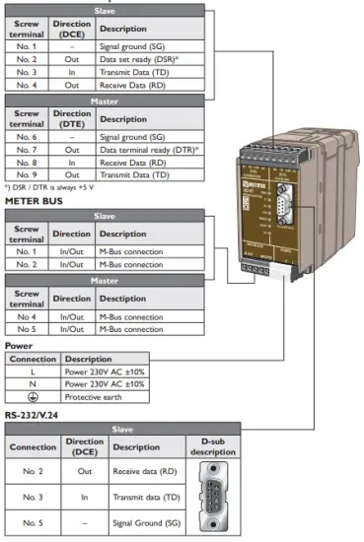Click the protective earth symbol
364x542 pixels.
(33, 396)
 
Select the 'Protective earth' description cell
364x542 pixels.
(105, 396)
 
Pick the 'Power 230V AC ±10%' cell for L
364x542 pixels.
(105, 371)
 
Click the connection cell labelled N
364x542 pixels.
(33, 383)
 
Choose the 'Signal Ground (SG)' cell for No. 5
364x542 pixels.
(146, 521)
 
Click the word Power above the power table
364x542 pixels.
(19, 346)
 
